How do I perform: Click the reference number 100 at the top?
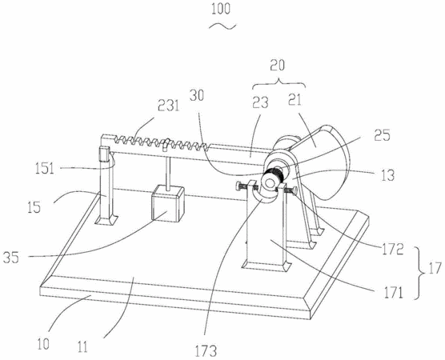click(221, 9)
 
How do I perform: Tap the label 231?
click(169, 106)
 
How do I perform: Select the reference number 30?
click(197, 96)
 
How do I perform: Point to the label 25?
click(382, 135)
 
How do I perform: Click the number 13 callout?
click(387, 176)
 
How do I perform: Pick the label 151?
click(45, 169)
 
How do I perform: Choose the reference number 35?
click(10, 258)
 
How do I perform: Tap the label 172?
click(392, 250)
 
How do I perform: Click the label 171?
click(393, 293)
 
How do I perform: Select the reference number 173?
click(206, 350)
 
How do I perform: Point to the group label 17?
click(435, 268)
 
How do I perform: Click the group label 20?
click(277, 65)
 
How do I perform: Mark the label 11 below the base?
click(82, 347)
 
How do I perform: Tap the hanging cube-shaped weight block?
click(168, 203)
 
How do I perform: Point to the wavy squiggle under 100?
click(222, 26)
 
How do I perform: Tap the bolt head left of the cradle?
click(238, 186)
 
